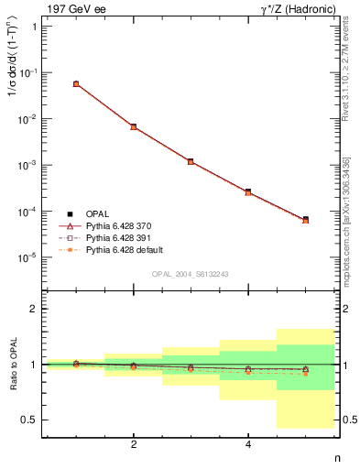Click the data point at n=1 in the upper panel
point(76,83)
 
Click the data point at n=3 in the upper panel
point(191,161)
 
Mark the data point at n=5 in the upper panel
point(305,220)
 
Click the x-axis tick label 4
point(248,444)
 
